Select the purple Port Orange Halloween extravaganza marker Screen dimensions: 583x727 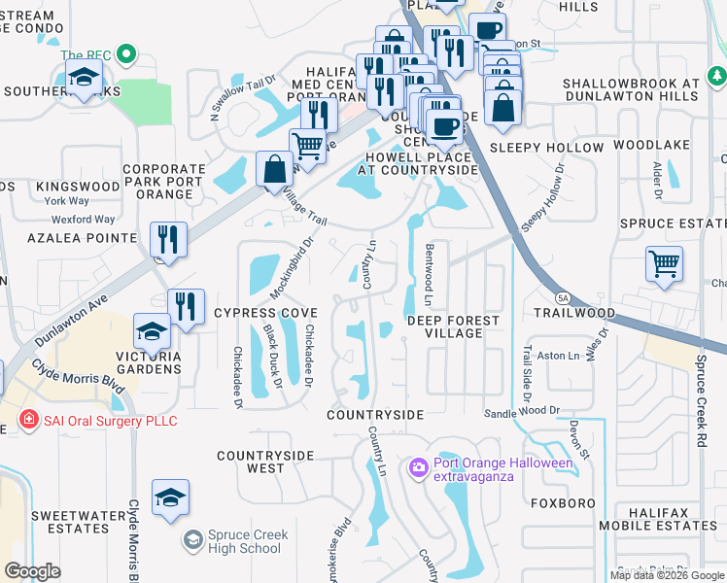(x=419, y=469)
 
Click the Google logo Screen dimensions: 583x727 (x=33, y=571)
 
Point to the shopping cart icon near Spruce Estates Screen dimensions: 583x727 (x=664, y=263)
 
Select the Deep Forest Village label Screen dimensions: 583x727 (x=453, y=326)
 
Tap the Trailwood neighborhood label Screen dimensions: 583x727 (x=574, y=314)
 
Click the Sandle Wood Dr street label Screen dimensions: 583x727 (x=523, y=412)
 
